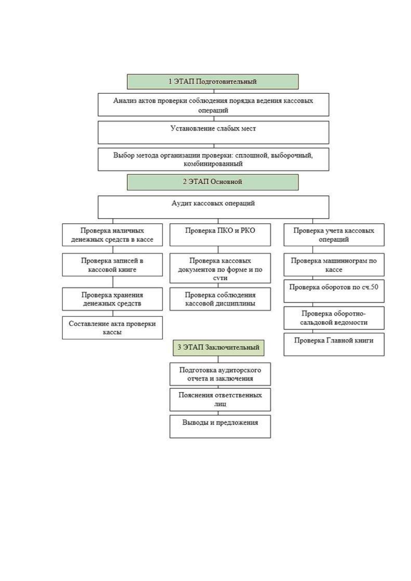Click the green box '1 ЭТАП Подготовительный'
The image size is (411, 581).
[213, 81]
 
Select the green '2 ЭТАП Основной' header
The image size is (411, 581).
[213, 182]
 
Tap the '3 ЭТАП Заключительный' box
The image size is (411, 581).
[218, 348]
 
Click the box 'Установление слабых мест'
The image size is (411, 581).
[213, 132]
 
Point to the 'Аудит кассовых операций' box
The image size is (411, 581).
[213, 207]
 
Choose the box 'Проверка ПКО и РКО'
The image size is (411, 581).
[220, 235]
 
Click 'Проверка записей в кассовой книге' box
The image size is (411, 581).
[112, 265]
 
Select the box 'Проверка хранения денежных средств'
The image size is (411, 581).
[112, 299]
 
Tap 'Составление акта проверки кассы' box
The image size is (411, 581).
[112, 328]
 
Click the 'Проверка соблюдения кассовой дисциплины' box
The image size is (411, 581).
[220, 299]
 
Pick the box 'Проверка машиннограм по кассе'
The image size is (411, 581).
[334, 265]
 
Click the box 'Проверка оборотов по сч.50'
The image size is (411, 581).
[334, 291]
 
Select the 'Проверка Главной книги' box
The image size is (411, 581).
[334, 344]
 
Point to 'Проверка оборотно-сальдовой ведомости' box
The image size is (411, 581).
[334, 318]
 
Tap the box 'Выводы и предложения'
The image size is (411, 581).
[220, 426]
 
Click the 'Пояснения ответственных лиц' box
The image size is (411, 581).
[220, 400]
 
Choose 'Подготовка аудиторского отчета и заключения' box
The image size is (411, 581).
[220, 374]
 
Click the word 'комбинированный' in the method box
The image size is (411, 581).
[213, 164]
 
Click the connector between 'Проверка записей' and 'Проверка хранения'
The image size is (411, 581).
[113, 282]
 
